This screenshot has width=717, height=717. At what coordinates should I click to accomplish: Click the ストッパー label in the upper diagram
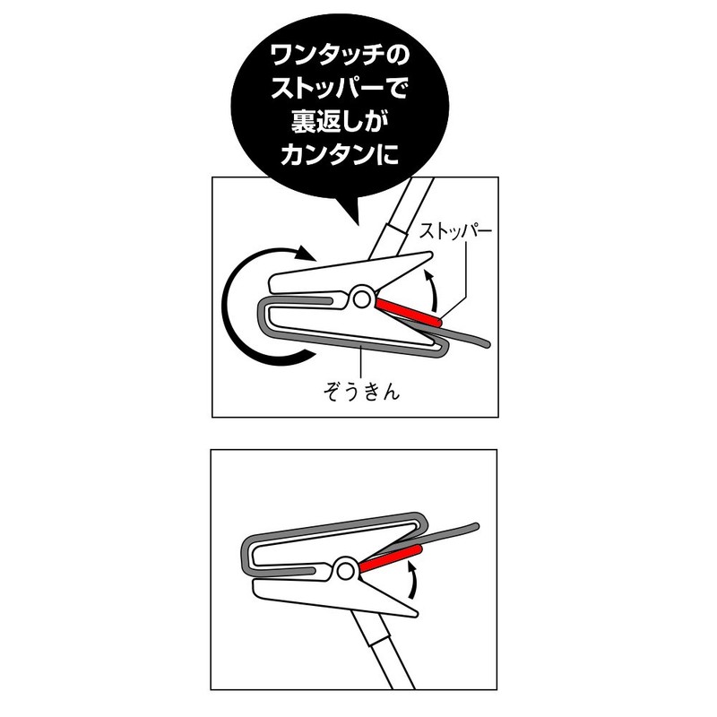coord(456,230)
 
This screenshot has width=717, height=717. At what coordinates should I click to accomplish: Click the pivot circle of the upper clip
coord(361,297)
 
